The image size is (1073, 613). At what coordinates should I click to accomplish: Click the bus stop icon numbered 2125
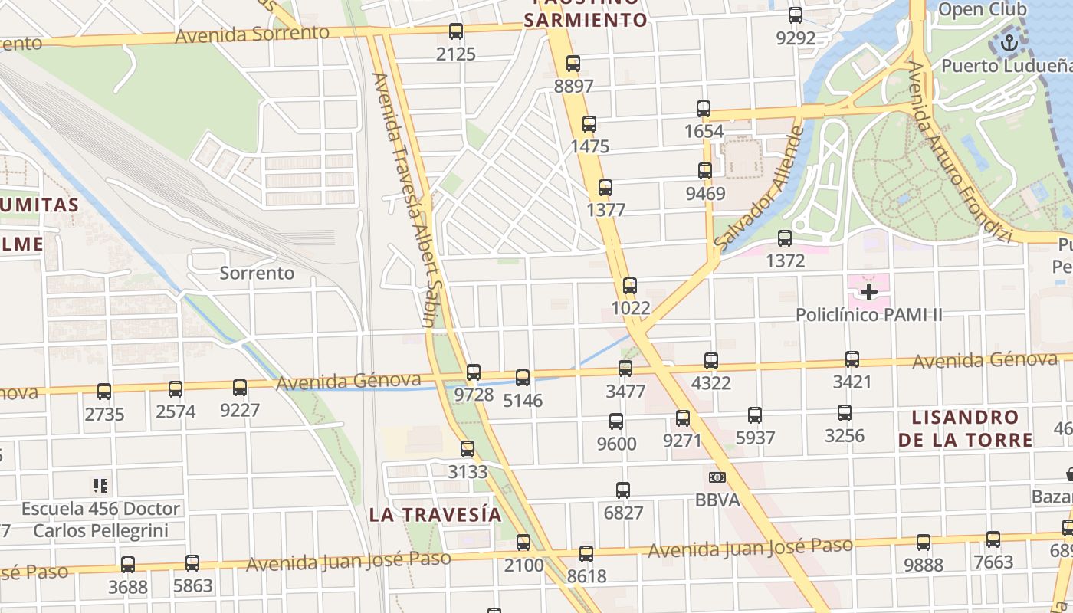[456, 31]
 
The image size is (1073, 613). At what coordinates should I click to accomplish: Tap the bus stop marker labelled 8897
[573, 64]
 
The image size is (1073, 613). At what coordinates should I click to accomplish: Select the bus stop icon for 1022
[630, 286]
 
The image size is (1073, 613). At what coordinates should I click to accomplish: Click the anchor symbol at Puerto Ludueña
[1009, 43]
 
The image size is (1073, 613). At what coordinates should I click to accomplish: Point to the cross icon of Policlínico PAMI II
[868, 292]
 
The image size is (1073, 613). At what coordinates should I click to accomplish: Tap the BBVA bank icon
[717, 477]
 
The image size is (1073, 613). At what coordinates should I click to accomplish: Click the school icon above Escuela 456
[100, 485]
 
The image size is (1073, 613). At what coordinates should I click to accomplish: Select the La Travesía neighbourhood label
[435, 514]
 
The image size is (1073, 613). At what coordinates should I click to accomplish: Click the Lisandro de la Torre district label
[965, 428]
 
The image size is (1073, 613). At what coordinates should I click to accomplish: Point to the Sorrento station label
[257, 273]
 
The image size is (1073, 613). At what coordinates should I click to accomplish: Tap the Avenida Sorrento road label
[252, 34]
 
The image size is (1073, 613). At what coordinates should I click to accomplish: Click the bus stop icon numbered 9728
[474, 372]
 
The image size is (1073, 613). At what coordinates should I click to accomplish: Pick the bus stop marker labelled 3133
[468, 449]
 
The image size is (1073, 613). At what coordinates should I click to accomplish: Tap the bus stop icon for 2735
[104, 392]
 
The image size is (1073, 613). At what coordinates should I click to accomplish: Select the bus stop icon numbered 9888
[924, 543]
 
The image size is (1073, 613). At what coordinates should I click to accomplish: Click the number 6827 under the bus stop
[623, 513]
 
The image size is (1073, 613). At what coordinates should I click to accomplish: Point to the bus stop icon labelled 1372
[785, 238]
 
